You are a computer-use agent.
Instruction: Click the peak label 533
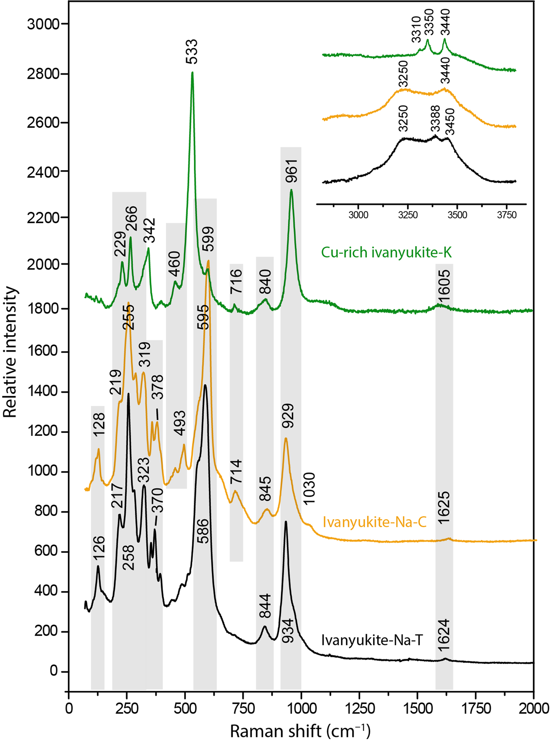click(x=192, y=52)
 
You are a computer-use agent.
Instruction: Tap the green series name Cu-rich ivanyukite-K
click(x=386, y=253)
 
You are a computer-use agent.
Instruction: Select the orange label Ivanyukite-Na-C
click(x=375, y=522)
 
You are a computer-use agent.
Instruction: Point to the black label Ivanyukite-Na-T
click(x=372, y=640)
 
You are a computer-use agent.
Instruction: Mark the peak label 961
click(x=292, y=171)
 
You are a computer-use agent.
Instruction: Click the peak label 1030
click(x=309, y=488)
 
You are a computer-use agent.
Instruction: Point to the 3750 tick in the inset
click(x=507, y=215)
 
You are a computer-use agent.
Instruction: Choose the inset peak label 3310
click(x=416, y=30)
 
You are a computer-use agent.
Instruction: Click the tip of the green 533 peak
click(x=192, y=73)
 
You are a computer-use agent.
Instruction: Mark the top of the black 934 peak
click(x=286, y=522)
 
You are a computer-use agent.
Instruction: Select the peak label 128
click(x=99, y=424)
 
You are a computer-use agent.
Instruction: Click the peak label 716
click(x=236, y=281)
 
